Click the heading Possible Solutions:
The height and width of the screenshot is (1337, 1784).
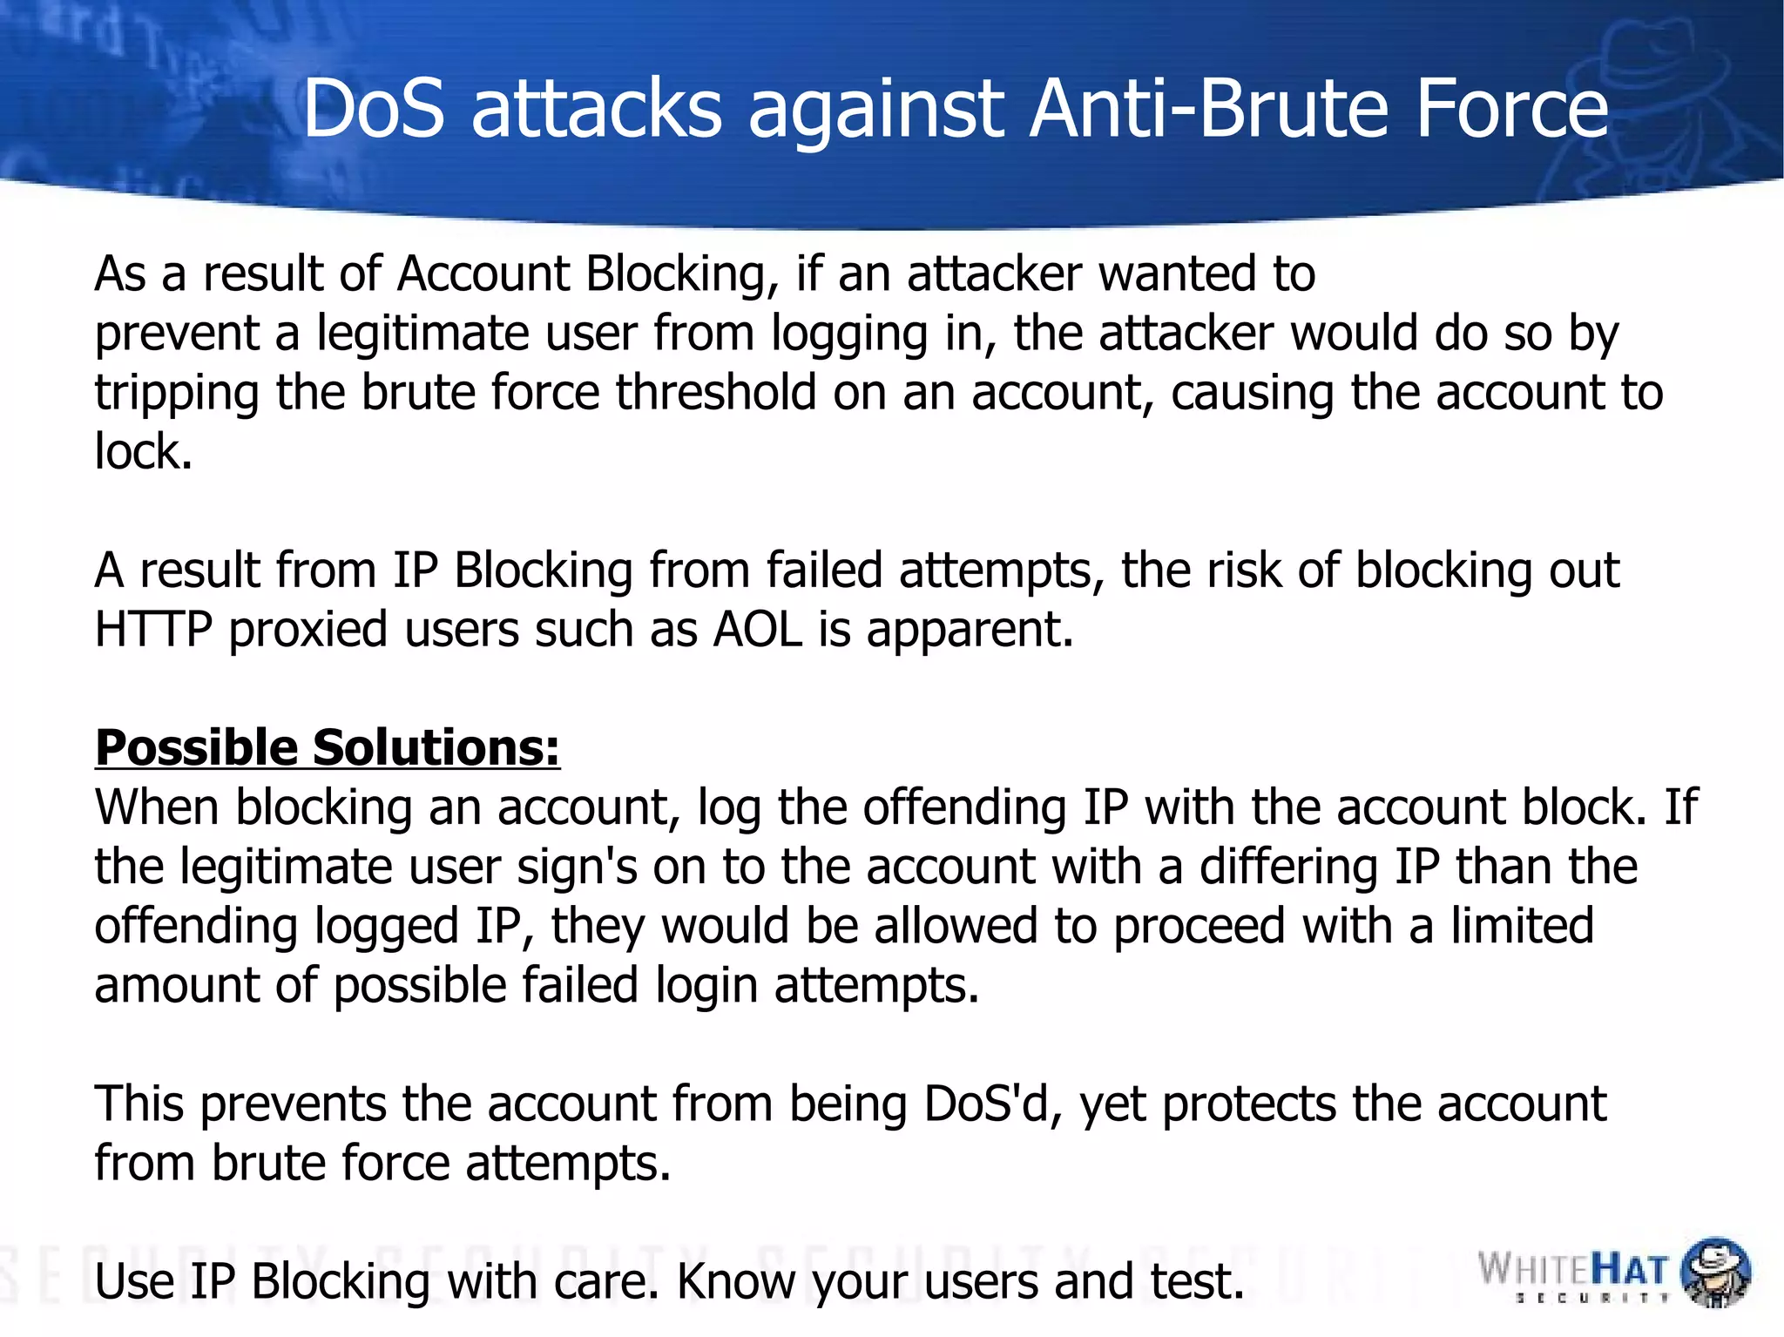pos(328,748)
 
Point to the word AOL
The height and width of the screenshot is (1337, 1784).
pos(757,629)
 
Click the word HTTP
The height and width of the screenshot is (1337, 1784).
pos(153,629)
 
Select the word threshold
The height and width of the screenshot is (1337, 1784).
pos(716,393)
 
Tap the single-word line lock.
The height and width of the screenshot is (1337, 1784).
pos(143,452)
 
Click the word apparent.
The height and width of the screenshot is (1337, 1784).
pos(970,631)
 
